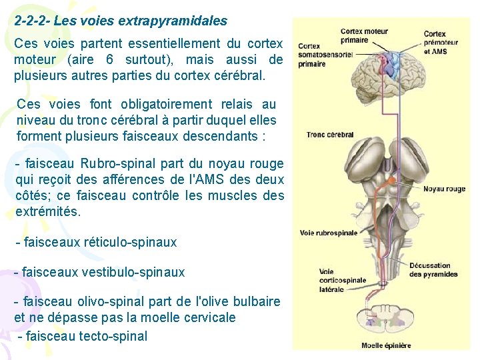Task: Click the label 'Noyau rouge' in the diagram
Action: pos(444,189)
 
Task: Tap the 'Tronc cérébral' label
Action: pos(329,134)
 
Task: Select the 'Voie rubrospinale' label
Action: pos(329,233)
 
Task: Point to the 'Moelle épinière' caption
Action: pos(386,345)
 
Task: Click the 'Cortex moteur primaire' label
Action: pos(363,35)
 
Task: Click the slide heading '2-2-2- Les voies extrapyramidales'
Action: pos(121,21)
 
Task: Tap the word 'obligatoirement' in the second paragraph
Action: pos(167,104)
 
